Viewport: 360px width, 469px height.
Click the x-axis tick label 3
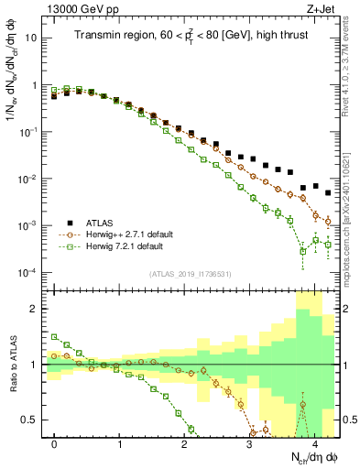[250, 442]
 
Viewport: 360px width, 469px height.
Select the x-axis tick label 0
[55, 442]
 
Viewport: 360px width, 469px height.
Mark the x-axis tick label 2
[185, 442]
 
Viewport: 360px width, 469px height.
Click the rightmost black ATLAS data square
[328, 194]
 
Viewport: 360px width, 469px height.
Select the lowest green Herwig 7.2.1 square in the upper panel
[303, 251]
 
